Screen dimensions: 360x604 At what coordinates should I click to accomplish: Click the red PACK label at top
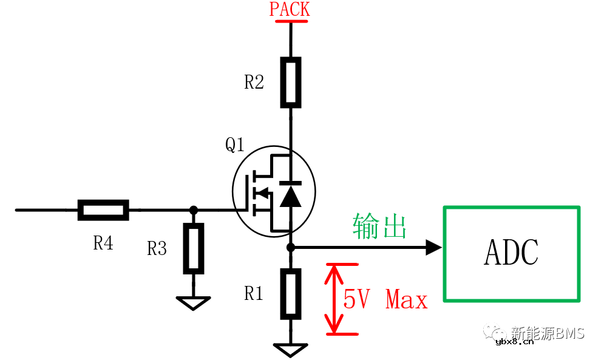click(x=290, y=10)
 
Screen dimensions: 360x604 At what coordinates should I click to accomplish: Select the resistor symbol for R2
click(x=291, y=82)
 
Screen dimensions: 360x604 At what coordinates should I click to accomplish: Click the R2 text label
click(x=254, y=83)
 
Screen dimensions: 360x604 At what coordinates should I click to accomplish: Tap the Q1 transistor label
click(x=235, y=144)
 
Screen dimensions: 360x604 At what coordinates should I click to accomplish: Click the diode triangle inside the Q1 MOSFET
click(x=290, y=196)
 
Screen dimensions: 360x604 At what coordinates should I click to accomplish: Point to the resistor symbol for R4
click(x=103, y=210)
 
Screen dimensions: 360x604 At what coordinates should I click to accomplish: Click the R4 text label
click(x=103, y=243)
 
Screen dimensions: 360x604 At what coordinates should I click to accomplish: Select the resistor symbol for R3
click(x=194, y=248)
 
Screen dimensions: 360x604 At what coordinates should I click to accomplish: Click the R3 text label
click(x=157, y=248)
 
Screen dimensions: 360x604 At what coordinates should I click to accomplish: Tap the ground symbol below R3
click(x=193, y=302)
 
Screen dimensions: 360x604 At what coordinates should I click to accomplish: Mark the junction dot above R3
click(x=194, y=210)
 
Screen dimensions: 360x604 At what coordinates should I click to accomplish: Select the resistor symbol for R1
click(x=291, y=294)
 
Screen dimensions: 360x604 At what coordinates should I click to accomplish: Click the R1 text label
click(x=254, y=294)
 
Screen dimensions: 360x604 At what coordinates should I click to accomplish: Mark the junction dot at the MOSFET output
click(x=291, y=247)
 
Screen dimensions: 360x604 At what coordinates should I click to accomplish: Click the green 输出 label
click(x=379, y=226)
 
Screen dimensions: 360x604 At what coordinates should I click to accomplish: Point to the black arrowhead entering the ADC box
click(x=433, y=247)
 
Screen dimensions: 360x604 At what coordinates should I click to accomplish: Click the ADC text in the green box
click(x=511, y=253)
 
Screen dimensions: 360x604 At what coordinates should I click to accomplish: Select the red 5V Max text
click(x=385, y=299)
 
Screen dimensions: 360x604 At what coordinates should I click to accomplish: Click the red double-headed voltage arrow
click(x=333, y=299)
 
